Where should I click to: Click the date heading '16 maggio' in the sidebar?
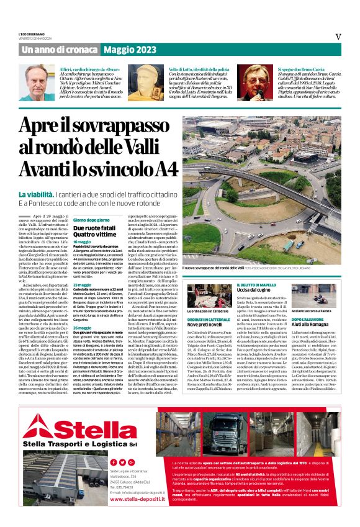pos(83,242)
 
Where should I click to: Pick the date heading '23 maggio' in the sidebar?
pos(83,285)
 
